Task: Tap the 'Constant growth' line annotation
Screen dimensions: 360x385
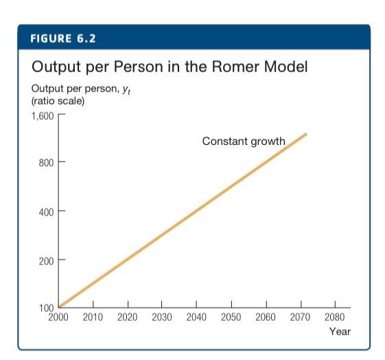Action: tap(244, 142)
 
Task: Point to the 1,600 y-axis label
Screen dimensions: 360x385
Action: tap(43, 114)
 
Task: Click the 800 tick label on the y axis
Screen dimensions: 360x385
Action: tap(46, 162)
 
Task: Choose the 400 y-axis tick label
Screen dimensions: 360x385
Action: tap(46, 211)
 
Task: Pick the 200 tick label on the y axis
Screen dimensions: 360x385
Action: tap(46, 260)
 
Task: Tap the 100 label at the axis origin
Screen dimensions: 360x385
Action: tap(46, 307)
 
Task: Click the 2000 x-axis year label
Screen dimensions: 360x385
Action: tap(58, 317)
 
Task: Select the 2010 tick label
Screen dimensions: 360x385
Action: tap(93, 317)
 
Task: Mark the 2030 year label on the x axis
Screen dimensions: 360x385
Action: tap(162, 317)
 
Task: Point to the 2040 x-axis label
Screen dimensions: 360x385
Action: tap(196, 317)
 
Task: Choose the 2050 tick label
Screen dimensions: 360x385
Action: tap(231, 317)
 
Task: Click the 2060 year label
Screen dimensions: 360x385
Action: tap(266, 317)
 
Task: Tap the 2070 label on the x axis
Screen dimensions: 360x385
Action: tap(300, 317)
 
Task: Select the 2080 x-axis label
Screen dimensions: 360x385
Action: tap(334, 317)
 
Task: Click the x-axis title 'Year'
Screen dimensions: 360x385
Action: tap(340, 331)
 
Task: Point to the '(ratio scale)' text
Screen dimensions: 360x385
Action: tap(58, 102)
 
